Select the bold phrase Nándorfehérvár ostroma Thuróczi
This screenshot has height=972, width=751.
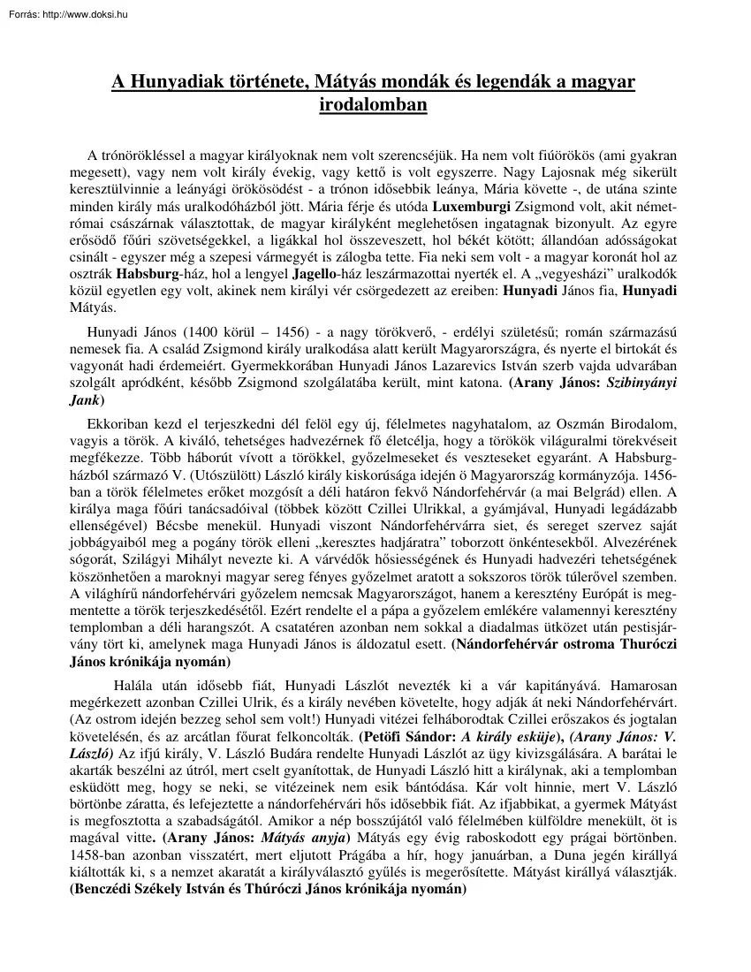coord(563,644)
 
